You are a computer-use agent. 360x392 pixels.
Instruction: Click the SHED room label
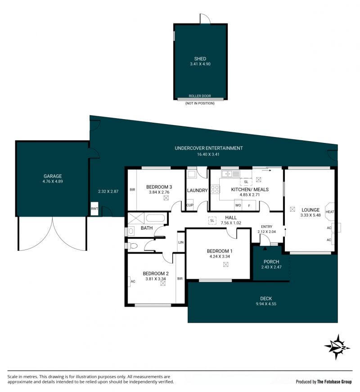pyautogui.click(x=200, y=59)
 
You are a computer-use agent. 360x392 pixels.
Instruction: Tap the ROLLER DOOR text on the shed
pyautogui.click(x=200, y=96)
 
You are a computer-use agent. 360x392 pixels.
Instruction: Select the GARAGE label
pyautogui.click(x=53, y=176)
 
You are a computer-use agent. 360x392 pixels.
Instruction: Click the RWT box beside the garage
pyautogui.click(x=94, y=208)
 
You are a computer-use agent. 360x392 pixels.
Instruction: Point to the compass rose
pyautogui.click(x=337, y=347)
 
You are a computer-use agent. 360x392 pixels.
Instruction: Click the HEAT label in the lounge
pyautogui.click(x=330, y=212)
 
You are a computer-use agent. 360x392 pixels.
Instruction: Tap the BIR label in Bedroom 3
pyautogui.click(x=132, y=190)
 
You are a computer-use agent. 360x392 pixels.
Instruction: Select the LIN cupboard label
pyautogui.click(x=181, y=242)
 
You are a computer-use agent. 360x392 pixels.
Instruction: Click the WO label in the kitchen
pyautogui.click(x=238, y=205)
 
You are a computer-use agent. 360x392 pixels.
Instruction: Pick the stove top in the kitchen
pyautogui.click(x=215, y=189)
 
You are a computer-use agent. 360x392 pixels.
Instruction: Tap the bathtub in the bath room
pyautogui.click(x=155, y=218)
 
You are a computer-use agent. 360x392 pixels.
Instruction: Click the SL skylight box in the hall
pyautogui.click(x=212, y=220)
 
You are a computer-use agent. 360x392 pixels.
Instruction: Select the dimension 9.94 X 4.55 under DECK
pyautogui.click(x=266, y=304)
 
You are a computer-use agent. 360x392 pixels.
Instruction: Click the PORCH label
pyautogui.click(x=271, y=262)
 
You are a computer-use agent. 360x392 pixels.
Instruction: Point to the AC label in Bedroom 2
pyautogui.click(x=133, y=281)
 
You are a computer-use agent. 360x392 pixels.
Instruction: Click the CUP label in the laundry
pyautogui.click(x=190, y=205)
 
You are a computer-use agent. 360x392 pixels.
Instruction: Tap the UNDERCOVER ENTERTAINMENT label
pyautogui.click(x=209, y=148)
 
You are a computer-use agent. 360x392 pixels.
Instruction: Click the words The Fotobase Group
pyautogui.click(x=334, y=382)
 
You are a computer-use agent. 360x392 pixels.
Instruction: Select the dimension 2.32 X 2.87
pyautogui.click(x=108, y=191)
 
